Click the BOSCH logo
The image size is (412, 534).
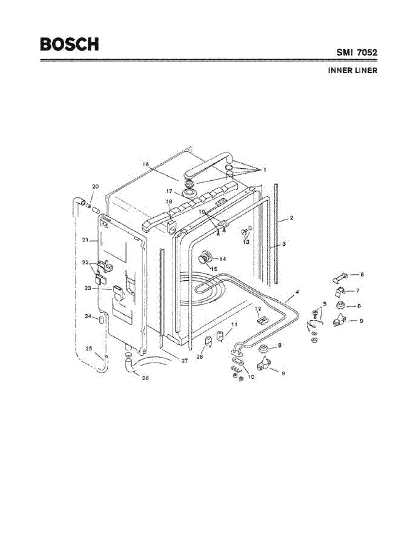[x=69, y=44]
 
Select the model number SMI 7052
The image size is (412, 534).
[x=356, y=53]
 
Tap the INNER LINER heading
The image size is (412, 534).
[x=352, y=70]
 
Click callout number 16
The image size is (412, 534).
[x=146, y=164]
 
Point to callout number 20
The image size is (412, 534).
[x=95, y=186]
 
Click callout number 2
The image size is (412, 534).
[x=291, y=218]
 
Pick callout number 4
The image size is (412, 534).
[x=297, y=292]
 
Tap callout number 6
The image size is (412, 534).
[x=362, y=275]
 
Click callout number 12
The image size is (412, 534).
[x=257, y=308]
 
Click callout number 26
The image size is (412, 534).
[x=145, y=378]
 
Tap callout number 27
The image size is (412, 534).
[x=184, y=361]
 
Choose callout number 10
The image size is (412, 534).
[x=251, y=377]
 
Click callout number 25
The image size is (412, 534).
[x=89, y=348]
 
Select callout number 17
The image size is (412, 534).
[x=169, y=190]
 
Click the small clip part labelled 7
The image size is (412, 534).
[x=340, y=292]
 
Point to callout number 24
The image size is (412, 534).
[x=88, y=316]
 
